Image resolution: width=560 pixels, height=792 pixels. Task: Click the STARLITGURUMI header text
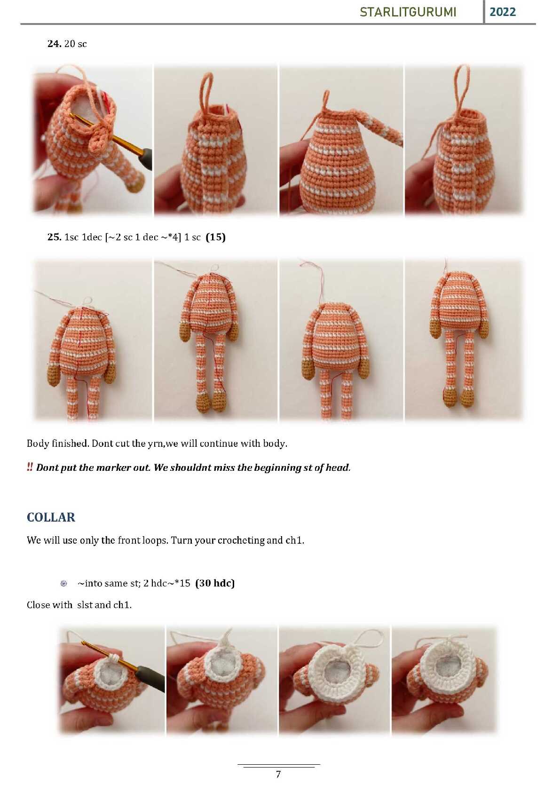coord(408,12)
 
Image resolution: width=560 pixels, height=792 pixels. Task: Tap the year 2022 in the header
coord(502,12)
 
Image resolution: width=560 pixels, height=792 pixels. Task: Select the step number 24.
coord(55,43)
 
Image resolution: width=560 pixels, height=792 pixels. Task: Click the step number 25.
coord(55,237)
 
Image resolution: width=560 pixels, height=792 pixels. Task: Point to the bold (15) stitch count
coord(215,237)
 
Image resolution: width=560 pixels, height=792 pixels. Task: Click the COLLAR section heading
coord(51,517)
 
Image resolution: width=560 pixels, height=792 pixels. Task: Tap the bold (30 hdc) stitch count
coord(215,583)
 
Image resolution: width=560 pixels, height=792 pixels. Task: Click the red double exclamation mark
coord(30,467)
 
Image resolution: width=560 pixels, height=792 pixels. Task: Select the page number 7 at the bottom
coord(278,774)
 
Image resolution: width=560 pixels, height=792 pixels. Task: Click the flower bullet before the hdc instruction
coord(63,583)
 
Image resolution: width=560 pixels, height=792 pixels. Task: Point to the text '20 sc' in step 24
coord(75,43)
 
